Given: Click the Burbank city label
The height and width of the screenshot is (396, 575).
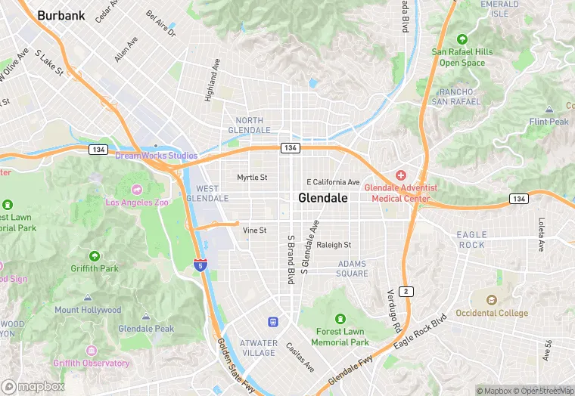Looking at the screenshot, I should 61,14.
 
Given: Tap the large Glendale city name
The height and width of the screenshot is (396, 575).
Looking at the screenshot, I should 323,198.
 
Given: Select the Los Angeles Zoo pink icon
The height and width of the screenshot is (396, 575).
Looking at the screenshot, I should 136,189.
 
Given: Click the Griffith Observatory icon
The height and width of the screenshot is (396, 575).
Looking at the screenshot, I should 92,351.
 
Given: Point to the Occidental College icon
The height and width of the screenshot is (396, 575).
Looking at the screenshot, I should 493,300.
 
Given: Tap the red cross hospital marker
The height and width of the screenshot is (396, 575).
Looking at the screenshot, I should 401,175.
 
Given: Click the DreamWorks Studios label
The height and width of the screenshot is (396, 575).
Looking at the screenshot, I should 156,156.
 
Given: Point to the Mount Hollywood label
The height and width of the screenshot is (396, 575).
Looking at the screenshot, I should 88,310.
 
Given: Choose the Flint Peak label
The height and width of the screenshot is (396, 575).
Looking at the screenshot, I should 549,122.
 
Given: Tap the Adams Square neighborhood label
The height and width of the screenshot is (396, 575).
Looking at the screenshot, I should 353,269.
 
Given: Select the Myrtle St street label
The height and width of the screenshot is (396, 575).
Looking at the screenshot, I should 252,178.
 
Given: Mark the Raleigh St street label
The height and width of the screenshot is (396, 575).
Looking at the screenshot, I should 334,245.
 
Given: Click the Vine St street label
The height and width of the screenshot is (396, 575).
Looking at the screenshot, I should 255,230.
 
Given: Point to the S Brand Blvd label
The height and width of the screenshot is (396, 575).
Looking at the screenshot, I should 290,259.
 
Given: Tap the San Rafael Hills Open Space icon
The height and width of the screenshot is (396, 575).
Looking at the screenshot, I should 462,39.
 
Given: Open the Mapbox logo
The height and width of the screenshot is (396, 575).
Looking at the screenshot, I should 33,386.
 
